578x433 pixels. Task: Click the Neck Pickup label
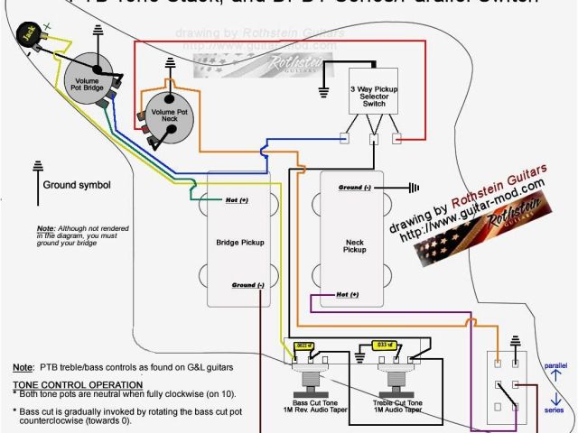[x=355, y=244]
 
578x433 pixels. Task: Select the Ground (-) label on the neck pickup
[x=355, y=188]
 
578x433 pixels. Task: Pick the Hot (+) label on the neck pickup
[x=348, y=295]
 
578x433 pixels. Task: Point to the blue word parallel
[x=557, y=364]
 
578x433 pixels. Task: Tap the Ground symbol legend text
[x=77, y=186]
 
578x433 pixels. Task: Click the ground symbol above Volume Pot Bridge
[x=98, y=34]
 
